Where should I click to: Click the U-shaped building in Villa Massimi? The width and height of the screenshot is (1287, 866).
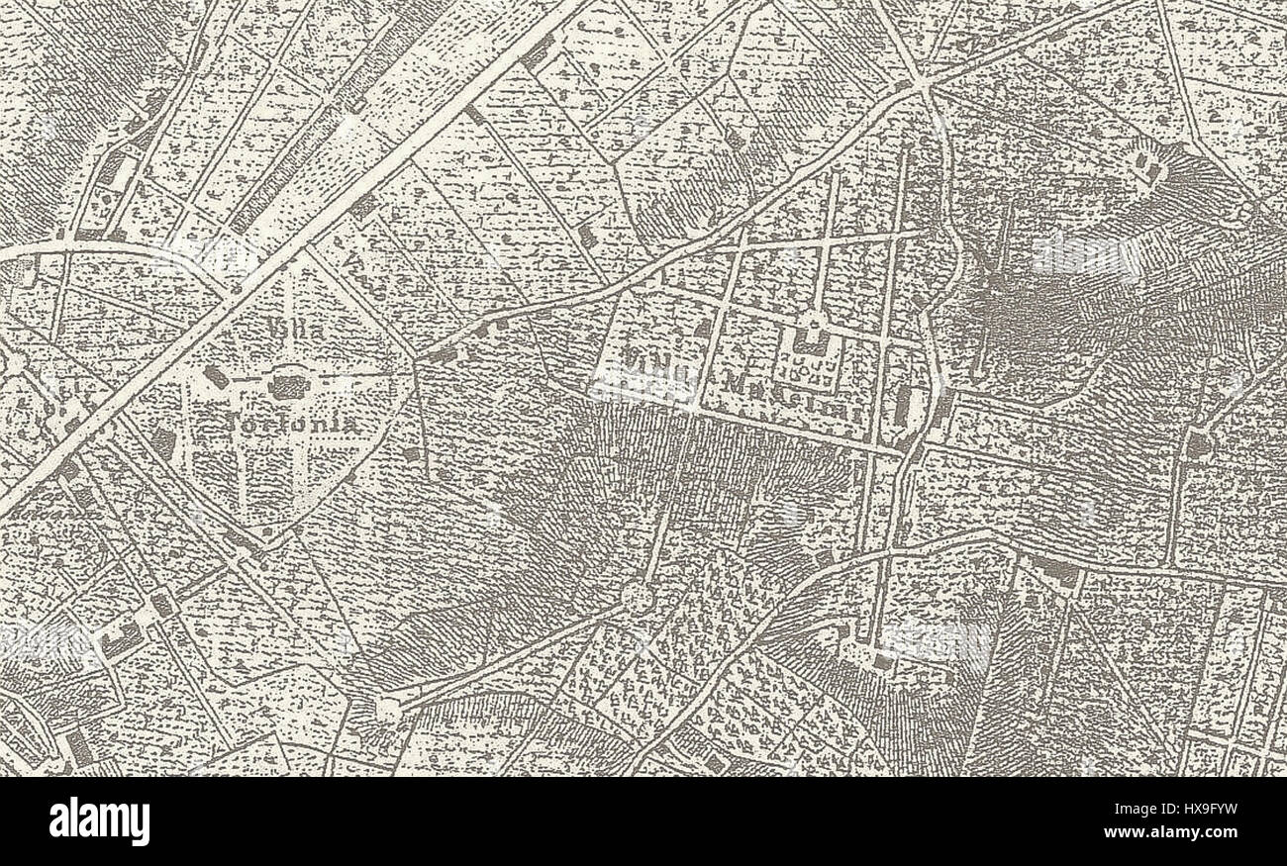(x=812, y=342)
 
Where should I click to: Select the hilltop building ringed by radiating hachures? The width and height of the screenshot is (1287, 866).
(x=1150, y=165)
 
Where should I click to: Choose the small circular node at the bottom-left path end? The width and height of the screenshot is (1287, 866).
(x=388, y=710)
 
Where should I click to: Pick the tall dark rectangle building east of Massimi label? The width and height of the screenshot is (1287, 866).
(x=903, y=406)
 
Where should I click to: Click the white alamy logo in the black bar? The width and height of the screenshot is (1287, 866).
(x=99, y=821)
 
